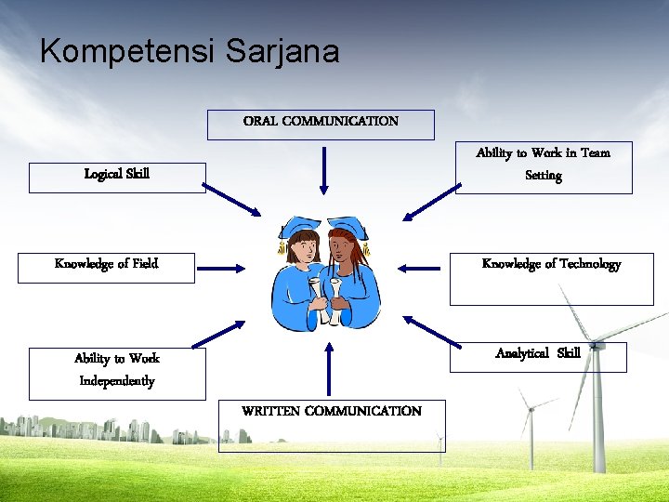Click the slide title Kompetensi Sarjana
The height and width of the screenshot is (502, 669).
click(190, 51)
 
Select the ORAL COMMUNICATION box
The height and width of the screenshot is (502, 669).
click(321, 122)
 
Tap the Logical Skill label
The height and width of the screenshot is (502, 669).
click(117, 175)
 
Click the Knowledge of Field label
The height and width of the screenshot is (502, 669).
click(106, 264)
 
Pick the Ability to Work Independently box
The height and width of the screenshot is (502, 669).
click(117, 371)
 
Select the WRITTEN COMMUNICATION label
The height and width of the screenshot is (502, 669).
click(332, 412)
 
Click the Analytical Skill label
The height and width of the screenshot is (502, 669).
click(538, 353)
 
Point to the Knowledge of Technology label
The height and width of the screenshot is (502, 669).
click(551, 264)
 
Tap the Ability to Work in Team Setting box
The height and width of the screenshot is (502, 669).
click(544, 165)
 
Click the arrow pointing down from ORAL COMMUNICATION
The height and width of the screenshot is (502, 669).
click(324, 171)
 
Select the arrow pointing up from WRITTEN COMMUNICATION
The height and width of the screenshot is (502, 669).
click(328, 369)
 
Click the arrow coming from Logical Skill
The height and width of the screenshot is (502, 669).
click(232, 200)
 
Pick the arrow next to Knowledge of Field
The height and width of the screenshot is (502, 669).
click(221, 270)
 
